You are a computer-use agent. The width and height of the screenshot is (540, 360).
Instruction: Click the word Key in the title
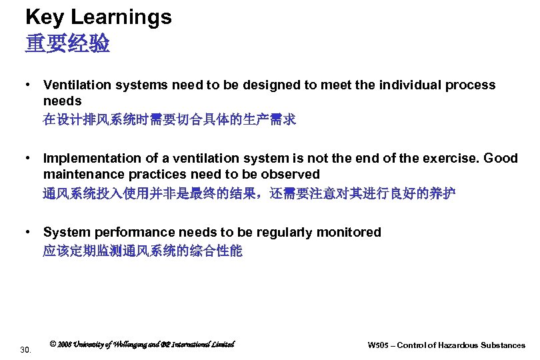[45, 17]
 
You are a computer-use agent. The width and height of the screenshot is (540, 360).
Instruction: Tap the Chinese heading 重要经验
[67, 44]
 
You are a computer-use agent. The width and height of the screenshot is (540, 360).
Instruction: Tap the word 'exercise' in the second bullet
[453, 159]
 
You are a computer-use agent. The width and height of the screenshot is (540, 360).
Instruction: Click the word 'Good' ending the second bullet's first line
[501, 159]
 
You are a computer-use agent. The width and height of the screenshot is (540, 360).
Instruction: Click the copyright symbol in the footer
[53, 344]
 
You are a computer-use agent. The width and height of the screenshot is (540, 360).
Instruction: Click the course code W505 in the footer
[378, 345]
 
